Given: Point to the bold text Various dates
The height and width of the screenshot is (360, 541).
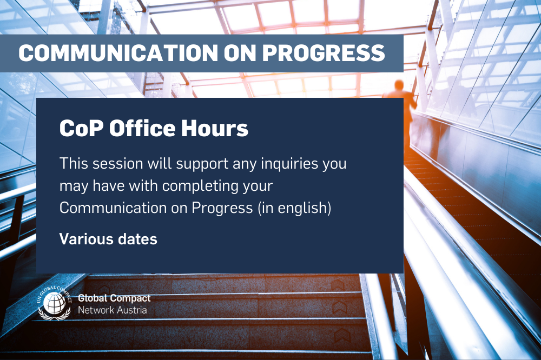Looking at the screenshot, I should [108, 239].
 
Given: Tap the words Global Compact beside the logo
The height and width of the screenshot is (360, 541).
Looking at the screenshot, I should [114, 298].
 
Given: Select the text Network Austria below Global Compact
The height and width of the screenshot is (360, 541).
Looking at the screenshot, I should [112, 310].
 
